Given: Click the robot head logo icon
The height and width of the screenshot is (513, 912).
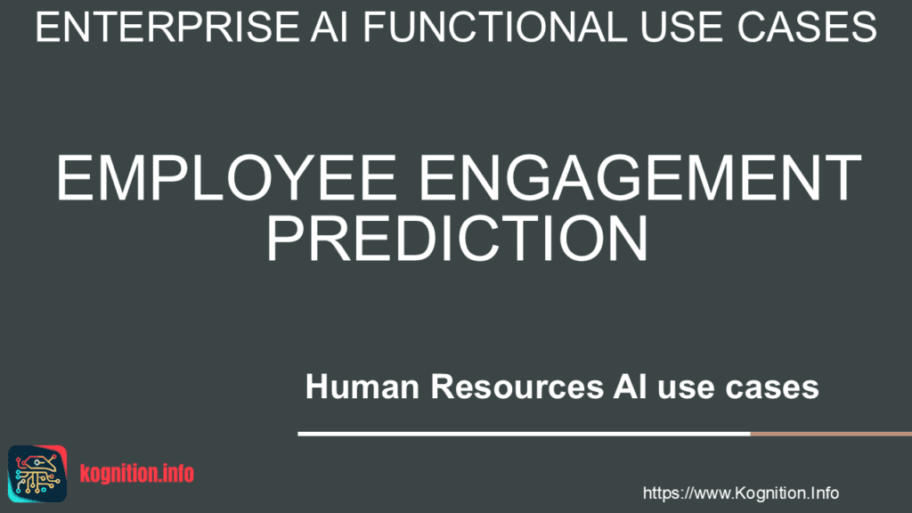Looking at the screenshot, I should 37,474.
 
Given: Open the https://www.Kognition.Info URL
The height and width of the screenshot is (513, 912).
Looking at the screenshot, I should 740,493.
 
